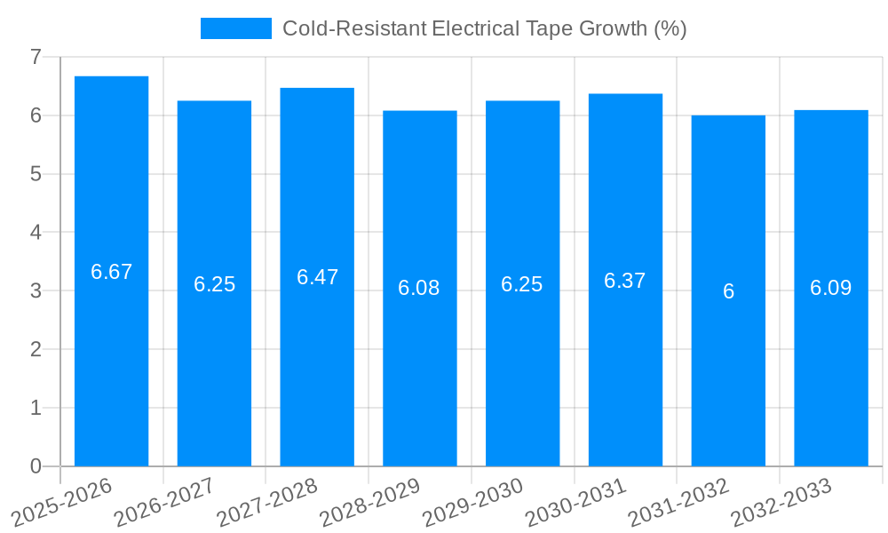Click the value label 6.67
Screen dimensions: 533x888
[111, 272]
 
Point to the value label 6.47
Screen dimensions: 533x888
[317, 277]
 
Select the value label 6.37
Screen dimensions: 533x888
[625, 281]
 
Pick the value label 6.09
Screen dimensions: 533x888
[831, 288]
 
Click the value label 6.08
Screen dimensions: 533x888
[420, 288]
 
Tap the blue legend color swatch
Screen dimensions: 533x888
[235, 28]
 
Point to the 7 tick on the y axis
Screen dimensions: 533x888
[36, 57]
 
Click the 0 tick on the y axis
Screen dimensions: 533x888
[36, 466]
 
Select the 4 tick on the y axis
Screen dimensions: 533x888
[36, 233]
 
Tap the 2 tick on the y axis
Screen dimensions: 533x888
[36, 349]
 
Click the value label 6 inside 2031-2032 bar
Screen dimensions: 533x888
[728, 291]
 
